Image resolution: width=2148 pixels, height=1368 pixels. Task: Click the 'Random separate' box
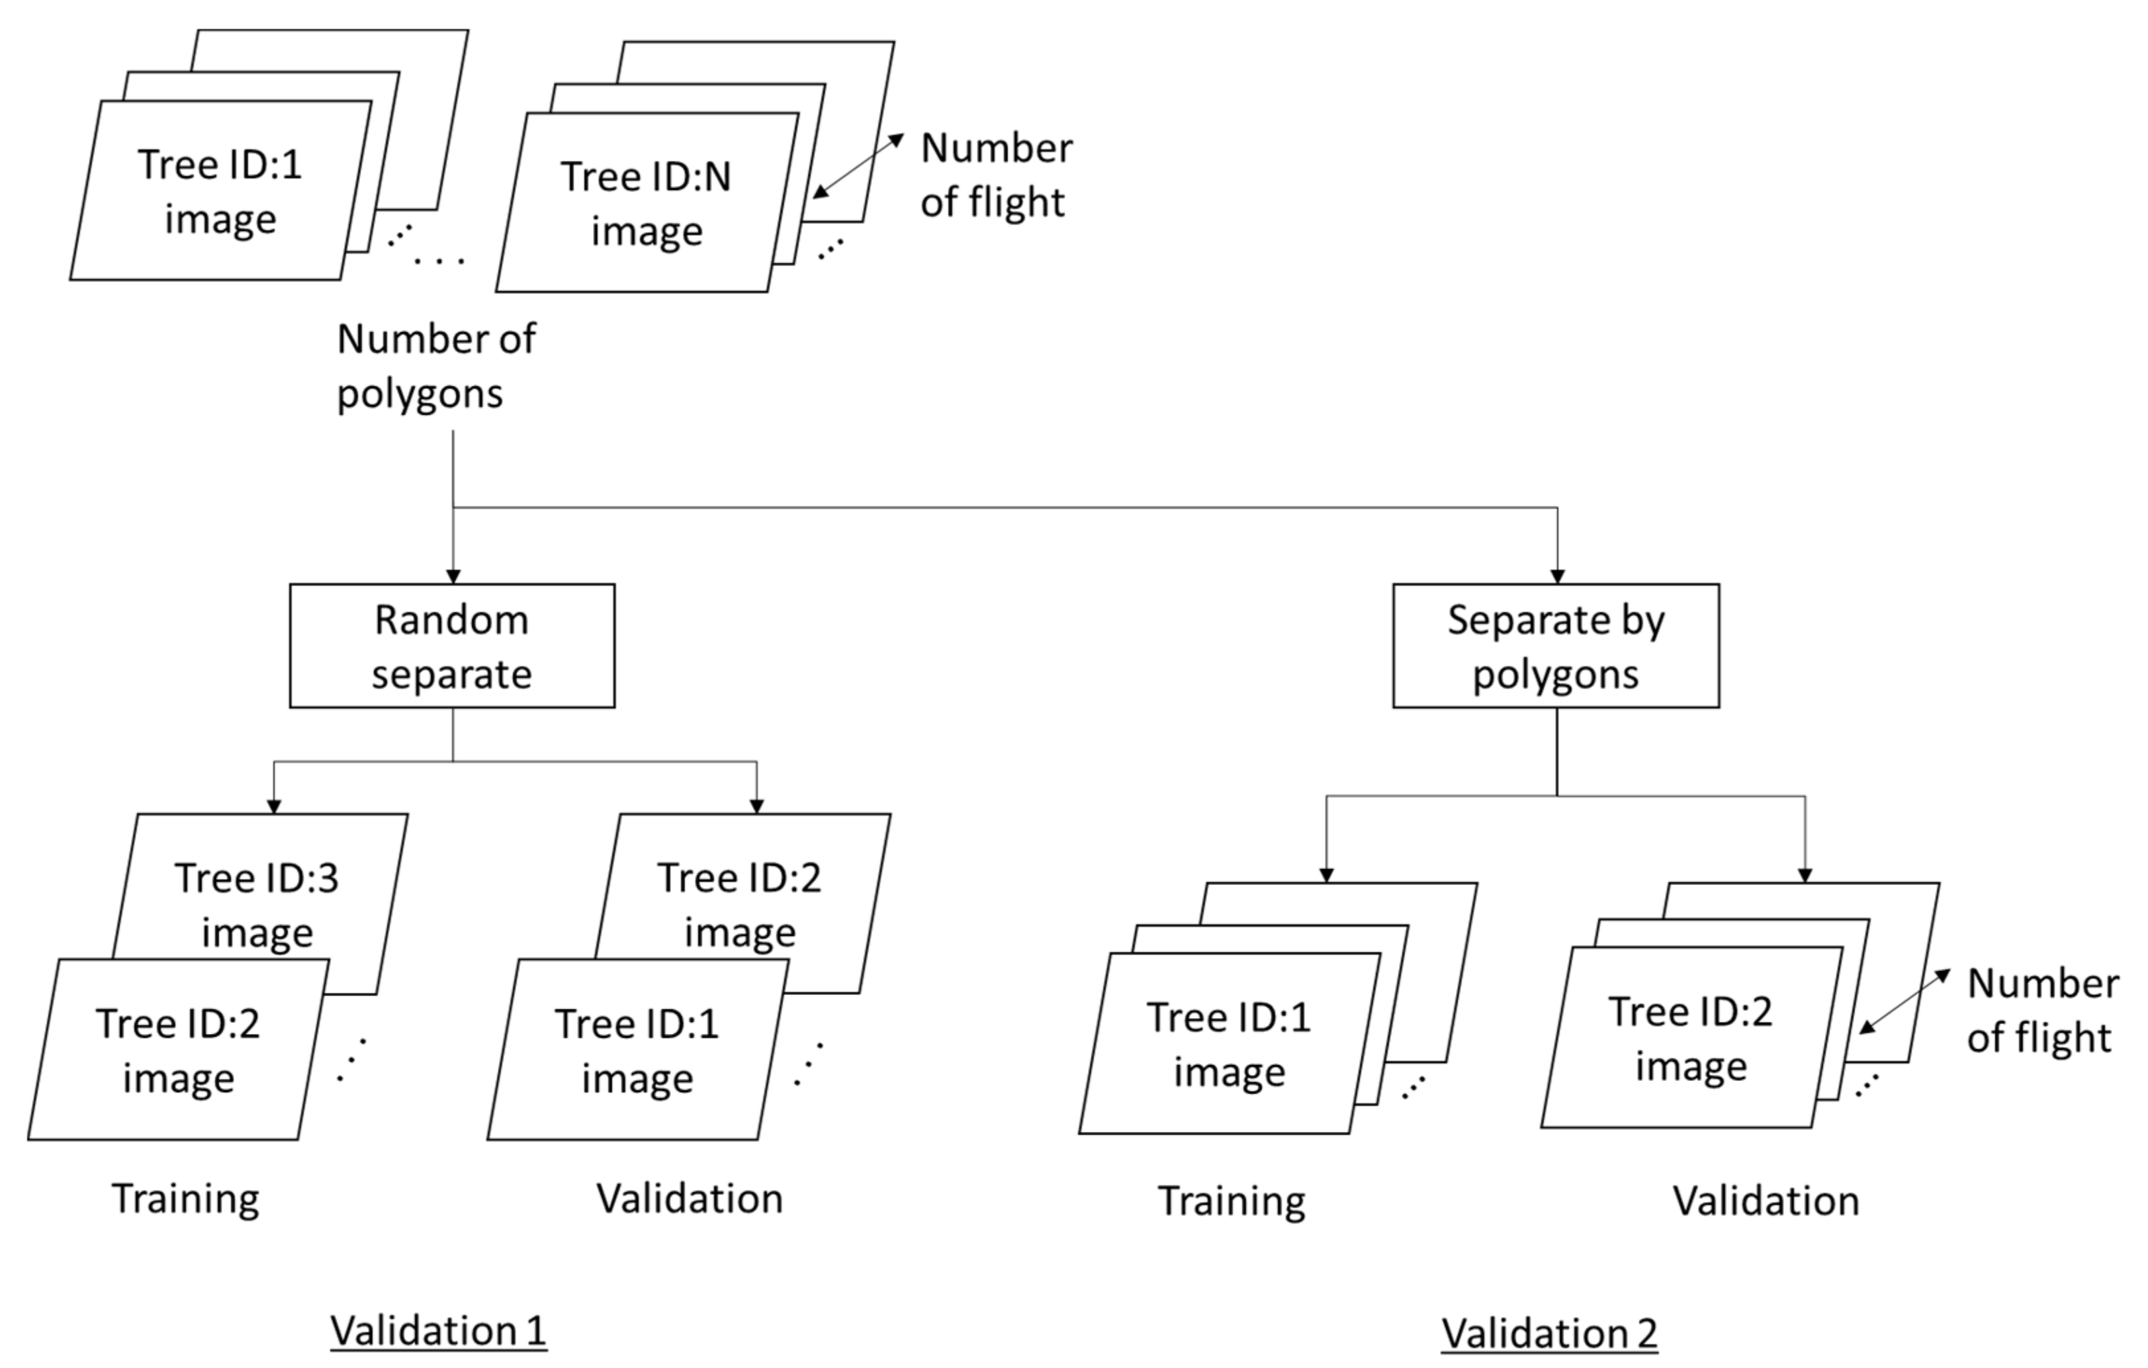coord(451,646)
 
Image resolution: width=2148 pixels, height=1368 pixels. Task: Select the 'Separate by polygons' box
coord(1555,646)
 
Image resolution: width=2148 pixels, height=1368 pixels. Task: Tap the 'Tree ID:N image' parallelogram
coord(646,203)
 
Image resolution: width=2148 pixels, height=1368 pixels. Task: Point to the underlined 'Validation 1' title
coord(438,1330)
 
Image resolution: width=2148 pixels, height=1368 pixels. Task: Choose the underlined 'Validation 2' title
coord(1548,1333)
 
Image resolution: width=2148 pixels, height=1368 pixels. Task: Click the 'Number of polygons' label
coord(435,366)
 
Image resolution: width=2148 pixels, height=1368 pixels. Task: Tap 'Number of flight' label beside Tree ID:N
coord(995,175)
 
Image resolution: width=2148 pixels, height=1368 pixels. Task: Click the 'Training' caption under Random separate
coord(185,1198)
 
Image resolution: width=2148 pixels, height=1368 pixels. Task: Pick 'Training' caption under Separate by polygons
coord(1231,1201)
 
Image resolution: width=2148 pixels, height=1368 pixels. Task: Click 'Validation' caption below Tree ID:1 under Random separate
coord(689,1198)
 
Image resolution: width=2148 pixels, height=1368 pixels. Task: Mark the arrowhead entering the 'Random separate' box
coord(453,577)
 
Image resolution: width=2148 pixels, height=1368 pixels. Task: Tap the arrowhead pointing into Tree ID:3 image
coord(274,806)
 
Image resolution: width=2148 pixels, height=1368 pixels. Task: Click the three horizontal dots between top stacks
coord(439,261)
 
